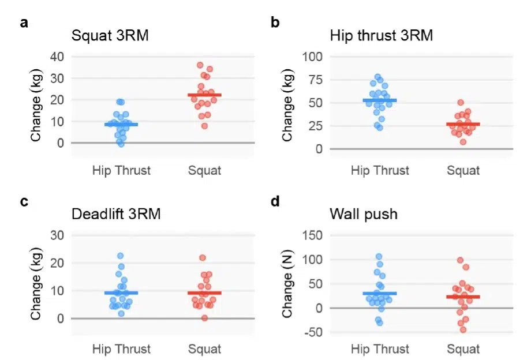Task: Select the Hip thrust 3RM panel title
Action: [382, 35]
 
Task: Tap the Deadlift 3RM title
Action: [116, 214]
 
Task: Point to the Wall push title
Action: [364, 214]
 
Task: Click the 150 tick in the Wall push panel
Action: [314, 235]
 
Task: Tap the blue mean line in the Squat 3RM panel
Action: [121, 124]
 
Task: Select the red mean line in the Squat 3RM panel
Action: [204, 95]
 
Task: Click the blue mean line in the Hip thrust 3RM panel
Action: [380, 100]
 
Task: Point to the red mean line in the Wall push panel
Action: [463, 297]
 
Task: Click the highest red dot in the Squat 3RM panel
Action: [200, 65]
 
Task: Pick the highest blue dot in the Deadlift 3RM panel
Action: [121, 256]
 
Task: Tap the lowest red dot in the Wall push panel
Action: [463, 329]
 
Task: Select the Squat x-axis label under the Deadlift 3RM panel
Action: [204, 349]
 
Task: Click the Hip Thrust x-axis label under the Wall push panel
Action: [380, 349]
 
